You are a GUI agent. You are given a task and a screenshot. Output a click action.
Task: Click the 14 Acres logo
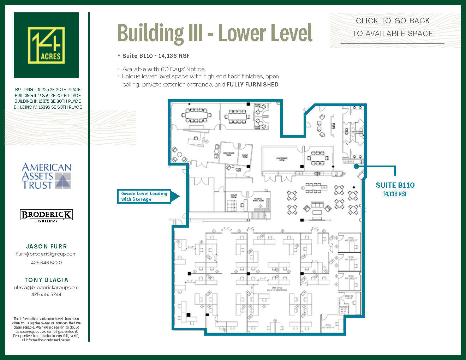pyautogui.click(x=46, y=45)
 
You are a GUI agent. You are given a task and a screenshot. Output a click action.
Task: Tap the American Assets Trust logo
pyautogui.click(x=47, y=176)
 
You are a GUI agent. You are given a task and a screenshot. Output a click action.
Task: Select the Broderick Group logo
pyautogui.click(x=46, y=215)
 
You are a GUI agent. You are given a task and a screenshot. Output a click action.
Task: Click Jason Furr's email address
pyautogui.click(x=46, y=254)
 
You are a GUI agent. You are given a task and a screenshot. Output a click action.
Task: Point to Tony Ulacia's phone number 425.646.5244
pyautogui.click(x=46, y=294)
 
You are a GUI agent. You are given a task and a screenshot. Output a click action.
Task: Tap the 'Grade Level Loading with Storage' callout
pyautogui.click(x=144, y=196)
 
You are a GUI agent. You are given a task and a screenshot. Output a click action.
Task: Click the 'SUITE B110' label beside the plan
pyautogui.click(x=395, y=185)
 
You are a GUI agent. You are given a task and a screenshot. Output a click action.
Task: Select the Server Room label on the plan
pyautogui.click(x=233, y=196)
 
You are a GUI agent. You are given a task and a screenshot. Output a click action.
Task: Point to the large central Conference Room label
pyautogui.click(x=282, y=159)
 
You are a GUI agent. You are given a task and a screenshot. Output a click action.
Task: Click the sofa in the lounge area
pyautogui.click(x=317, y=205)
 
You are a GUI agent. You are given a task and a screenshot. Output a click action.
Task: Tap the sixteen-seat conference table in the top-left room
pyautogui.click(x=196, y=115)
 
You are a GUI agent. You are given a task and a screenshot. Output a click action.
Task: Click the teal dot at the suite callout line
pyautogui.click(x=356, y=166)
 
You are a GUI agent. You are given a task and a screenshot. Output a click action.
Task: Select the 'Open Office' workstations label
pyautogui.click(x=277, y=289)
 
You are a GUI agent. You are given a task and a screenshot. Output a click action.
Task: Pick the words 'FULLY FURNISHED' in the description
pyautogui.click(x=252, y=84)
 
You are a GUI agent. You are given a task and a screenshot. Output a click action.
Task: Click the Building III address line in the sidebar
pyautogui.click(x=48, y=101)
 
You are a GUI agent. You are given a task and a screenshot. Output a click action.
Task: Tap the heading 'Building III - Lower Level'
pyautogui.click(x=215, y=33)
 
